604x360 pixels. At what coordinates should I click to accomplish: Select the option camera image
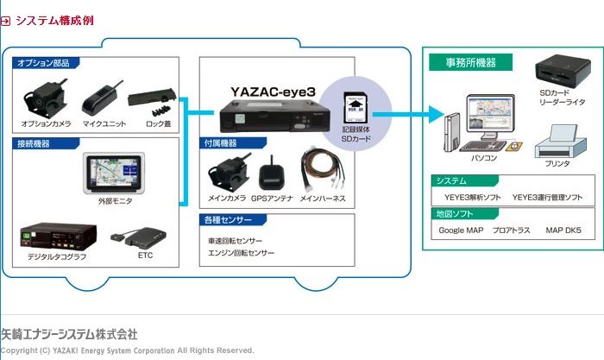[45, 100]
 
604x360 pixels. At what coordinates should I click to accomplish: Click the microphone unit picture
[103, 99]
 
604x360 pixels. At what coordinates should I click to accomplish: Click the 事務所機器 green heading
[471, 62]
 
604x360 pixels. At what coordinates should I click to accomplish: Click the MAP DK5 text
[563, 231]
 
